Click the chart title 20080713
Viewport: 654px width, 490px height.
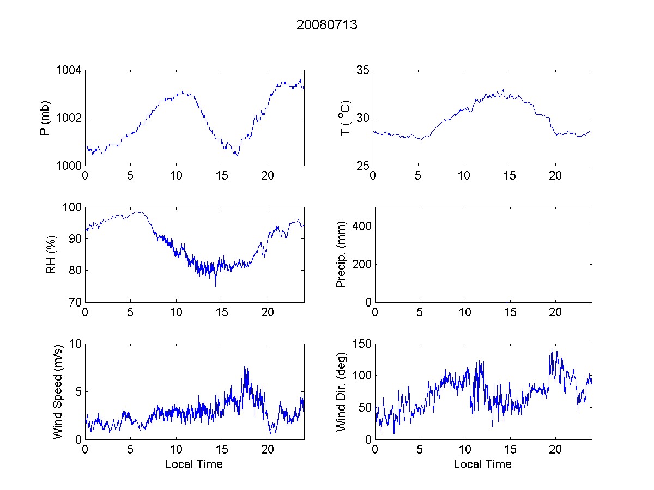click(326, 25)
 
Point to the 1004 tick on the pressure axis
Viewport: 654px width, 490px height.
click(69, 70)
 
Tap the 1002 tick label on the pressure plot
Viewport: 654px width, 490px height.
click(69, 118)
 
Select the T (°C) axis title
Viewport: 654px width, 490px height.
click(344, 118)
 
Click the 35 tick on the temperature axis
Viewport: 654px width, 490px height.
click(362, 70)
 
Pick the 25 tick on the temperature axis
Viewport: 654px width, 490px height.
click(362, 166)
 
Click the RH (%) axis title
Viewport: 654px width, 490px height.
click(51, 254)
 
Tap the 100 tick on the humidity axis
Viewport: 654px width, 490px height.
click(71, 207)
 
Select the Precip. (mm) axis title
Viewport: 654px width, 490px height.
click(341, 254)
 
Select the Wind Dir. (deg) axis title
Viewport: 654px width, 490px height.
click(341, 391)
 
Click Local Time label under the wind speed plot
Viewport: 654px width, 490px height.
click(193, 464)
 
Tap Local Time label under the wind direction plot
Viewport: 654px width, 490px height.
click(482, 464)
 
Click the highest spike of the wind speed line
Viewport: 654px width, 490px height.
click(245, 367)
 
